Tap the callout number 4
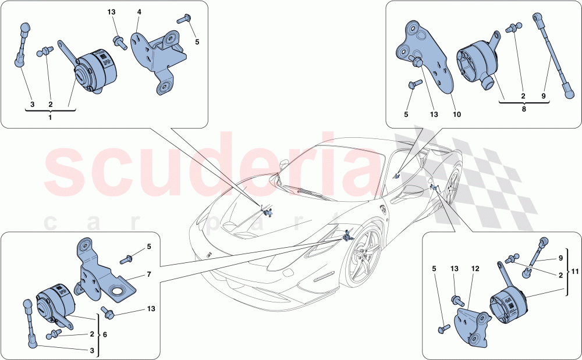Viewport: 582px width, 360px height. (x=139, y=12)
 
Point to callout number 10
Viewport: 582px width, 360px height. (x=456, y=115)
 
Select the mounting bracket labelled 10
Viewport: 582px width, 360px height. (x=428, y=58)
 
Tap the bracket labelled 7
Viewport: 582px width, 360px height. (x=105, y=273)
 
